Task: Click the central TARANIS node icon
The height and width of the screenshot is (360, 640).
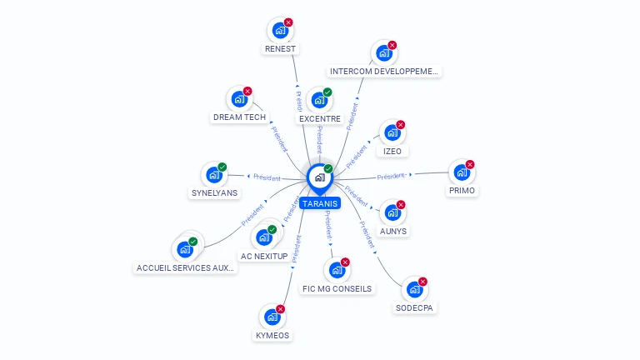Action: [320, 177]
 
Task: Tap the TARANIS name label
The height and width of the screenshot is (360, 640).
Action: [321, 203]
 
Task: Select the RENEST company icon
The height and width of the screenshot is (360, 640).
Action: [280, 31]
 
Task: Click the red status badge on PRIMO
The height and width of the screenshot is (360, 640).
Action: [470, 164]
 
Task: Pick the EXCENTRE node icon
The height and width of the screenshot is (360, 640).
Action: [319, 101]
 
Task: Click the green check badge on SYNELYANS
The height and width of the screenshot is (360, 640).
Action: [222, 167]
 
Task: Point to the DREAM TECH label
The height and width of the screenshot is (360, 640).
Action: [239, 117]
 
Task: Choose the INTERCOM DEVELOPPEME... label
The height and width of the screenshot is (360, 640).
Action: [383, 72]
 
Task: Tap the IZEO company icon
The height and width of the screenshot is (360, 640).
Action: [392, 133]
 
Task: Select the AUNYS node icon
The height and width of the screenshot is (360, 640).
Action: [392, 212]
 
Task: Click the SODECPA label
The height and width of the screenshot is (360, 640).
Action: [415, 308]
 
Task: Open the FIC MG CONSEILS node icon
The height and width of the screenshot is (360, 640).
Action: [337, 271]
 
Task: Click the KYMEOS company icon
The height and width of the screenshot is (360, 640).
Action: [272, 317]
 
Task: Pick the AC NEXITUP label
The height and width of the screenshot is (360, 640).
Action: [263, 256]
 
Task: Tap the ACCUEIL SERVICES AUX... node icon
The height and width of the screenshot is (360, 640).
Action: [184, 249]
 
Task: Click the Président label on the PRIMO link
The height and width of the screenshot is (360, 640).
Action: [391, 176]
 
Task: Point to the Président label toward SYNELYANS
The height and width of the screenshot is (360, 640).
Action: [267, 177]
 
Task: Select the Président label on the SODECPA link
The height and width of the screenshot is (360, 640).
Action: [367, 236]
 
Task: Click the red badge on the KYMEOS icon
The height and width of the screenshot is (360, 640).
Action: [280, 309]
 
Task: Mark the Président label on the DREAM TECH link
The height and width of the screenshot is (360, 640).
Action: [279, 137]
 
